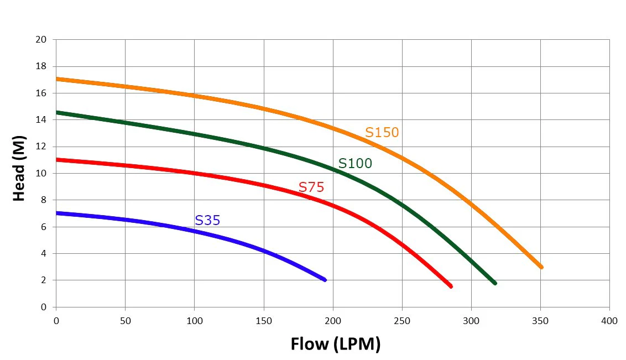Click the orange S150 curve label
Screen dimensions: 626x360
[x=382, y=132]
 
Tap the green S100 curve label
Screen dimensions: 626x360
[x=355, y=163]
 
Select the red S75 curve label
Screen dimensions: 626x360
[x=311, y=187]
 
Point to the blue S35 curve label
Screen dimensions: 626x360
[x=207, y=220]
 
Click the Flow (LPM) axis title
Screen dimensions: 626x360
[x=335, y=344]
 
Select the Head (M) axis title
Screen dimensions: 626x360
[x=19, y=169]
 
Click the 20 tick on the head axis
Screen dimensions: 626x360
[x=41, y=39]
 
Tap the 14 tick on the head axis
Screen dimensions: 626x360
[x=41, y=120]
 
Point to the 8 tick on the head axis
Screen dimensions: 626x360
[x=44, y=200]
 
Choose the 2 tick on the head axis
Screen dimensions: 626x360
[x=44, y=280]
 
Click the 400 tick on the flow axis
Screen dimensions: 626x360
[x=609, y=321]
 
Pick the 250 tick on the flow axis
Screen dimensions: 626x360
[x=402, y=321]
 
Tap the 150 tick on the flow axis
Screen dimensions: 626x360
[x=263, y=321]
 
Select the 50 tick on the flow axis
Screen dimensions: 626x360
[x=126, y=321]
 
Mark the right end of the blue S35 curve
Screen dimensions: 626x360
[x=325, y=280]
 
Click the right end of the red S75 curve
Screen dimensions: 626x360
[x=451, y=286]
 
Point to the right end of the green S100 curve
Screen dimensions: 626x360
[x=495, y=283]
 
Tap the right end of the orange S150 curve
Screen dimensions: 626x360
[x=541, y=267]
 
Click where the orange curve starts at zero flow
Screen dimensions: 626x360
[x=56, y=79]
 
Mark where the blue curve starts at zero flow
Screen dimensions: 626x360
[x=56, y=213]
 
